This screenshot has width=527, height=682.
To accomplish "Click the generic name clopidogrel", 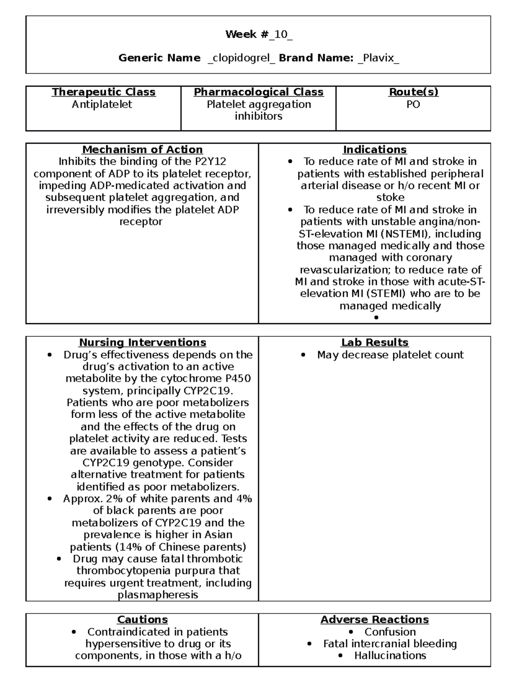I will coord(241,58).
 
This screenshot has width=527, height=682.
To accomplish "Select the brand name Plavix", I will coord(378,58).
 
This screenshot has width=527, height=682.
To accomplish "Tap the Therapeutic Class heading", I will coord(104,92).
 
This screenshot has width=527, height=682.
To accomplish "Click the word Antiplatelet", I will coord(102,105).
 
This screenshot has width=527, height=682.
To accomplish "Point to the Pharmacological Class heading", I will coord(259,92).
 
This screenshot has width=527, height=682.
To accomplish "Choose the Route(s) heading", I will coord(413,92).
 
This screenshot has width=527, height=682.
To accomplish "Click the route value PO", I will coord(413,105).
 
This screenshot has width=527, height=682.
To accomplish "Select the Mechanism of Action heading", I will coord(142,150).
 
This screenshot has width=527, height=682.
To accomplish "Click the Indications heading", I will coord(375,150).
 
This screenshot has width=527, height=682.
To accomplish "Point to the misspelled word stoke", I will coord(390,198).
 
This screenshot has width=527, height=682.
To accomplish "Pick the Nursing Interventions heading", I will coord(142,343).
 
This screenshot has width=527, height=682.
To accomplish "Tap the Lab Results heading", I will coord(375,343).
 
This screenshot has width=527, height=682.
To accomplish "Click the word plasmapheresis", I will coord(158,595).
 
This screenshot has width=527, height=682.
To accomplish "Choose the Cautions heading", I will coord(142,620).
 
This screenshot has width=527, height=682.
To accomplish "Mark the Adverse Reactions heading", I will coord(375,620).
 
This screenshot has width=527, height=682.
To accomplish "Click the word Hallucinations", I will coord(390,656).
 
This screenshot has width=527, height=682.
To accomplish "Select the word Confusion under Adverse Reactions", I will coord(390,632).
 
